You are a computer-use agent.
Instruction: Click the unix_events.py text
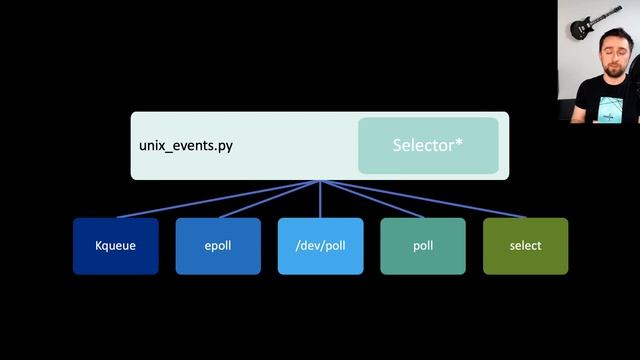[186, 146]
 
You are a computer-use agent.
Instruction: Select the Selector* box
[428, 146]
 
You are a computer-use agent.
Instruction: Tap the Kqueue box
[115, 246]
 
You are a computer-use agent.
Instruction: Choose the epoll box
[218, 246]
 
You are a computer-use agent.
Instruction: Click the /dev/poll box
[320, 246]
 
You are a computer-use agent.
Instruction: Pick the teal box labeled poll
[422, 246]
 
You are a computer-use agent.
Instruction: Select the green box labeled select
[525, 246]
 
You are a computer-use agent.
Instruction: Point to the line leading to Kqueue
[217, 199]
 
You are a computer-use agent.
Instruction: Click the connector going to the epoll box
[268, 199]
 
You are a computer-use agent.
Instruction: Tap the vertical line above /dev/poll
[320, 199]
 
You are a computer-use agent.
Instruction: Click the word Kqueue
[115, 246]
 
